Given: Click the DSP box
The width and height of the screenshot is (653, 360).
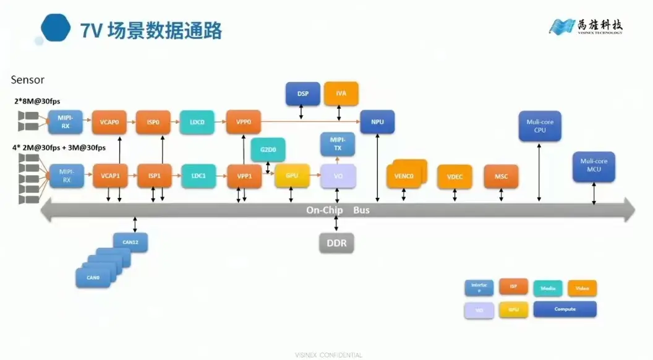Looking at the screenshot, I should pyautogui.click(x=303, y=93).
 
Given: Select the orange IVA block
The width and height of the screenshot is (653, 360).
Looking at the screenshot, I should pyautogui.click(x=341, y=93).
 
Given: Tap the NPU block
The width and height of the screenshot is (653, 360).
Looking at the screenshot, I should pyautogui.click(x=377, y=122).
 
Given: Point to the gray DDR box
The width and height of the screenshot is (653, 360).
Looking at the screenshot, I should pyautogui.click(x=336, y=243).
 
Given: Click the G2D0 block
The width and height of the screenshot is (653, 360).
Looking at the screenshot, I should pyautogui.click(x=268, y=150).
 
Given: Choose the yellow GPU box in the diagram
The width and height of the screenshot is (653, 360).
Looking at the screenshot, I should pyautogui.click(x=292, y=176).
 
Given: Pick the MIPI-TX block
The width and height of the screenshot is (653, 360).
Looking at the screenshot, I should pyautogui.click(x=338, y=144).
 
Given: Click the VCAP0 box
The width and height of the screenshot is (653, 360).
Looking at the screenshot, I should pyautogui.click(x=109, y=122).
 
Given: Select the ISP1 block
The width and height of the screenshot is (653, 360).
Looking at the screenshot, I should pyautogui.click(x=154, y=176).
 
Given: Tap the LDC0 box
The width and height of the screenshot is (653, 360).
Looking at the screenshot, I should pyautogui.click(x=197, y=122).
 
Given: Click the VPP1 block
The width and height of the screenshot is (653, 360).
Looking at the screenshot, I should pyautogui.click(x=244, y=176).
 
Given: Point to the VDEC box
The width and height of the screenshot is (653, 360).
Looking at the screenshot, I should pyautogui.click(x=455, y=177).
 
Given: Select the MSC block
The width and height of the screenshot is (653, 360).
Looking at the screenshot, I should pyautogui.click(x=501, y=177).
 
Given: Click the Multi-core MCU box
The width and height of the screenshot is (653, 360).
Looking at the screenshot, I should pyautogui.click(x=594, y=166).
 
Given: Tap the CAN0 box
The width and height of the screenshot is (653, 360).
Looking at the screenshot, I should pyautogui.click(x=93, y=278).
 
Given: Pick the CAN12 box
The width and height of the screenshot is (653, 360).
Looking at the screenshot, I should pyautogui.click(x=130, y=242).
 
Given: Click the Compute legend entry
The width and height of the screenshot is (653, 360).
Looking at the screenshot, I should pyautogui.click(x=565, y=309).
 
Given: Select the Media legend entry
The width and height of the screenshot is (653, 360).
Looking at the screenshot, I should pyautogui.click(x=548, y=288).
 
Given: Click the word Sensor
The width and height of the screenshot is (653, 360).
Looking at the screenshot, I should pyautogui.click(x=28, y=80).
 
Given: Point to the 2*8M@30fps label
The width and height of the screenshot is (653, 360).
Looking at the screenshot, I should pyautogui.click(x=37, y=101).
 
